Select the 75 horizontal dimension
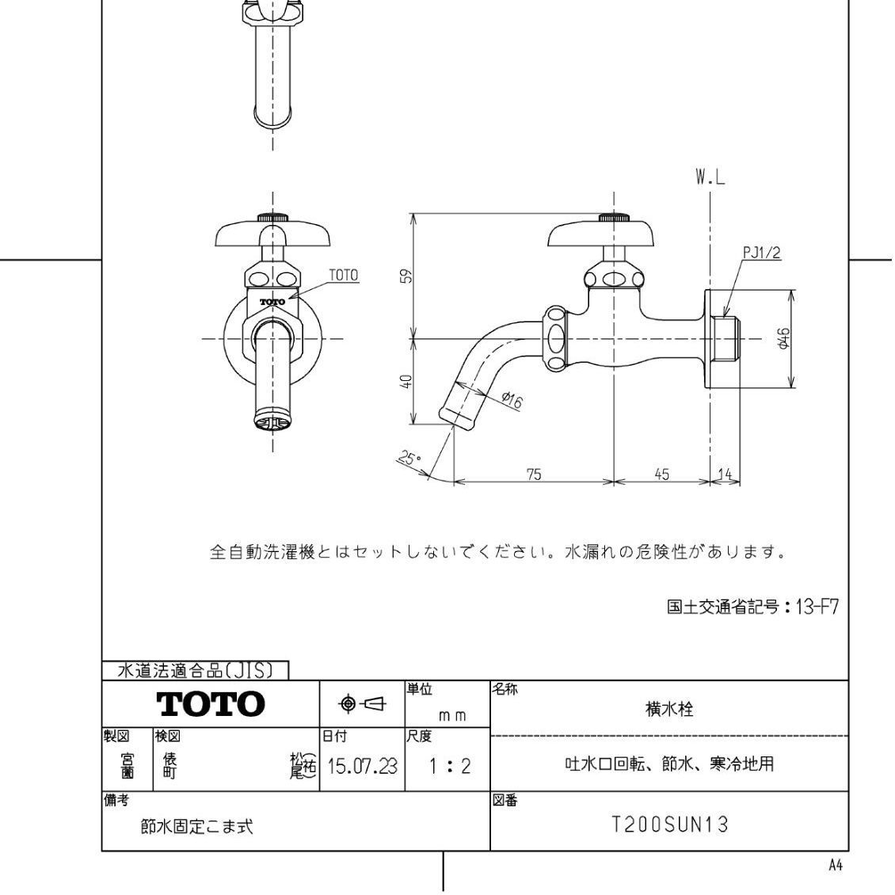534,474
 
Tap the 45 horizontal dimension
661,474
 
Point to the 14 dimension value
724,474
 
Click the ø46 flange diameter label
783,339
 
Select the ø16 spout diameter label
512,401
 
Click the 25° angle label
409,459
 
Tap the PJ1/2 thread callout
761,253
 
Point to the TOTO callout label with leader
343,276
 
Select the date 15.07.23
362,767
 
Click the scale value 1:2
448,767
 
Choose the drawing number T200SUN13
669,825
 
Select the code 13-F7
815,607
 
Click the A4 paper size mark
835,866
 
